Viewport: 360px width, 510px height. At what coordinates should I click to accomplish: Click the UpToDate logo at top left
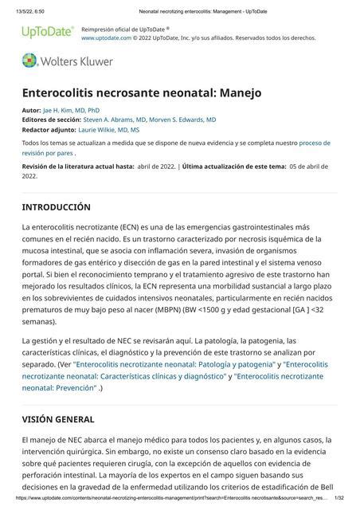coord(47,33)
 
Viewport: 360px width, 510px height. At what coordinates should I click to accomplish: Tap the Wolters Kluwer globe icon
coord(30,61)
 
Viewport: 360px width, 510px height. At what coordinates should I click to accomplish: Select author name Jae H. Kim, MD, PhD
coord(71,109)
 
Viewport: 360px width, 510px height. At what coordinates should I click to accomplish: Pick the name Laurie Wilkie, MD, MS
coord(108,129)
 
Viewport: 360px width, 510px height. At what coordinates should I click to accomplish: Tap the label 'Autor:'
coord(31,109)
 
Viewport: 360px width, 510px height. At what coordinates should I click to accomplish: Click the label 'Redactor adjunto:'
coord(49,129)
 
